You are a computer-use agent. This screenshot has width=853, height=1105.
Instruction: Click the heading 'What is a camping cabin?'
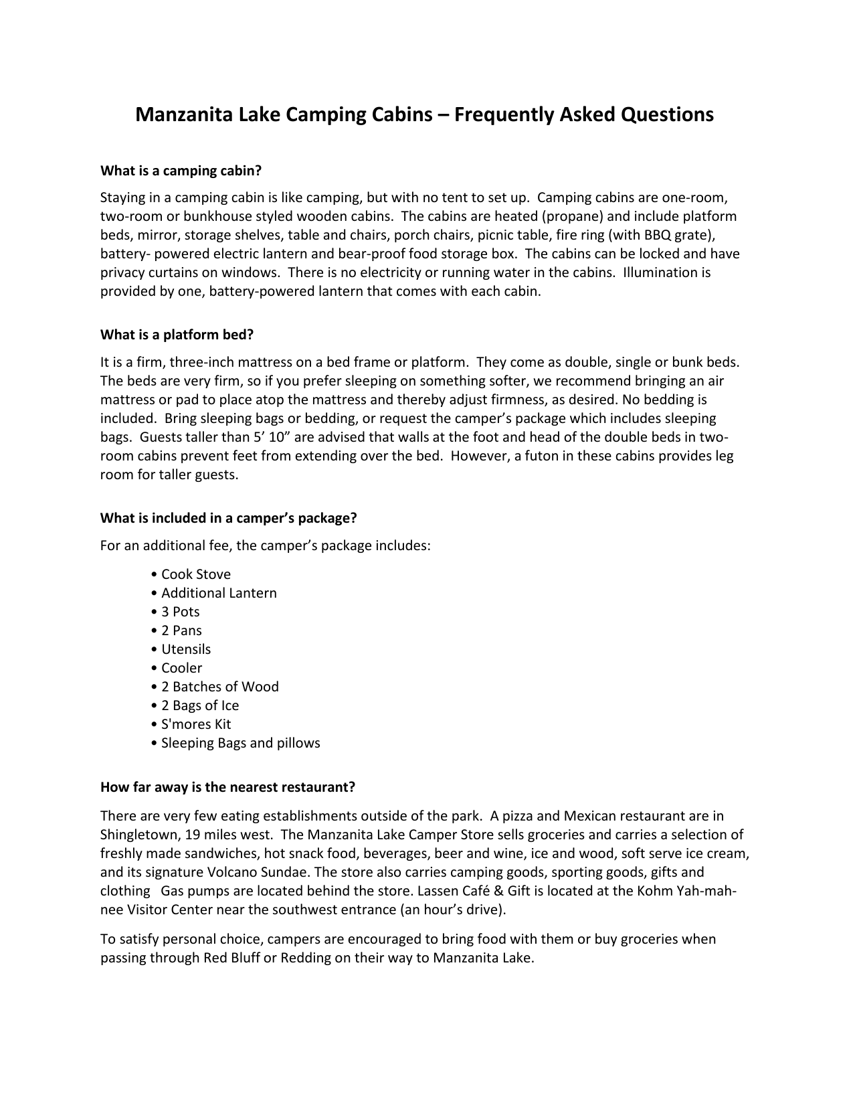coord(181,171)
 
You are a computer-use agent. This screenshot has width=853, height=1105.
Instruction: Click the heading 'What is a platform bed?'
coord(177,334)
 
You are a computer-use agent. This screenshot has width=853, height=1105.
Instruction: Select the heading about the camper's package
coord(229,518)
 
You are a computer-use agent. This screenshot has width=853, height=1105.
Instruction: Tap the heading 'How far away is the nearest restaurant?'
coord(227,787)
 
